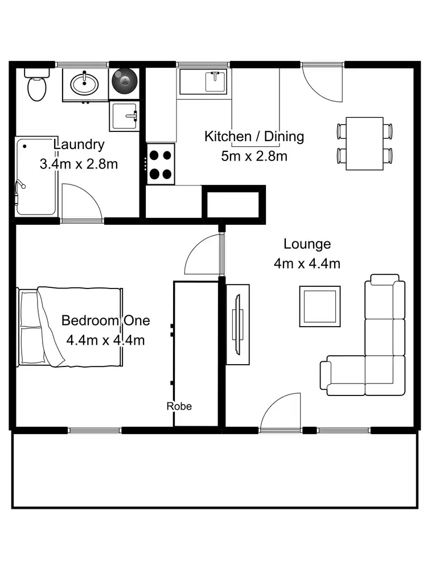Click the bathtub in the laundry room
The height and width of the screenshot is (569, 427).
(x=36, y=176)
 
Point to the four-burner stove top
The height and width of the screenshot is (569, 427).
(x=161, y=164)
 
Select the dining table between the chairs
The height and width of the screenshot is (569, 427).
(x=364, y=143)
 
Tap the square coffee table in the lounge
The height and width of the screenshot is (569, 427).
(x=320, y=306)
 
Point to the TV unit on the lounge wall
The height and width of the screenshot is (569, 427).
(x=237, y=324)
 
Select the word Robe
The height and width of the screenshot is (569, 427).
(x=179, y=406)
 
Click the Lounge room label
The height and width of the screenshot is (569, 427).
(x=307, y=244)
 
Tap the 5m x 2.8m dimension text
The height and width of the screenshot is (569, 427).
(x=254, y=155)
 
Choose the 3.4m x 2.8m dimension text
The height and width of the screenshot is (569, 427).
(x=79, y=164)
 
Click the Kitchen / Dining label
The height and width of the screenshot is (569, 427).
(x=254, y=137)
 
